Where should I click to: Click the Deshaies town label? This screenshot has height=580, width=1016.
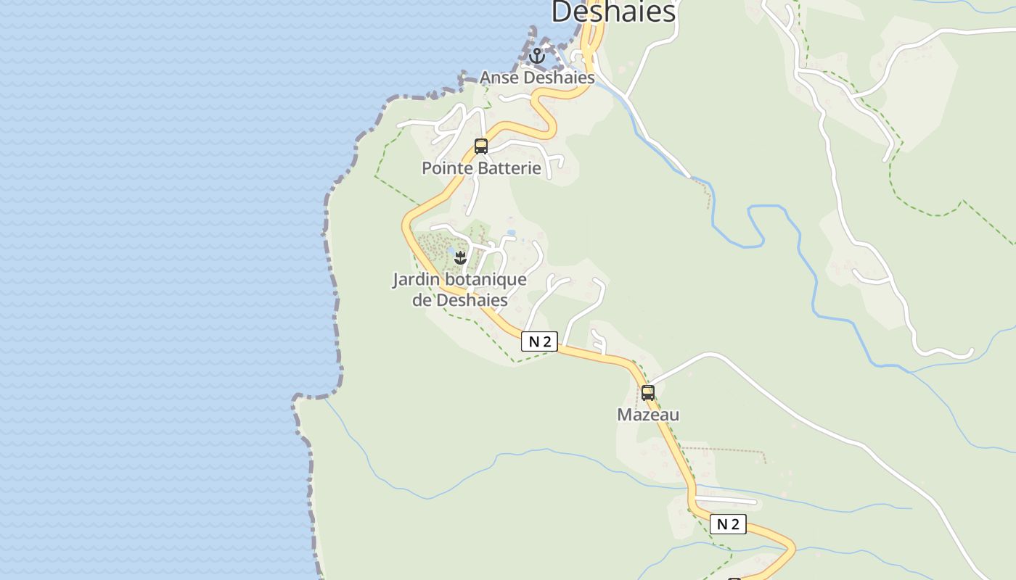pyautogui.click(x=613, y=12)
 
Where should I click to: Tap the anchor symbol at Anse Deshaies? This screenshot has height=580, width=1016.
pyautogui.click(x=537, y=56)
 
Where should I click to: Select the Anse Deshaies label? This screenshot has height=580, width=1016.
pyautogui.click(x=537, y=78)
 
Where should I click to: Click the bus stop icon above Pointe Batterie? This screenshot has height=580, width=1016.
pyautogui.click(x=481, y=146)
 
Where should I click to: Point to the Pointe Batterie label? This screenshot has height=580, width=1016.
pyautogui.click(x=481, y=168)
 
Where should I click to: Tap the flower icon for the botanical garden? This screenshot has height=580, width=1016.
pyautogui.click(x=460, y=257)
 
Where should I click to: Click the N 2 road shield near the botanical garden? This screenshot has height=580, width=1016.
pyautogui.click(x=539, y=341)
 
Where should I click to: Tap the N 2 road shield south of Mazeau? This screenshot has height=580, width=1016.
pyautogui.click(x=728, y=524)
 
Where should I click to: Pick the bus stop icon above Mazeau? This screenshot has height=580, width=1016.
pyautogui.click(x=648, y=393)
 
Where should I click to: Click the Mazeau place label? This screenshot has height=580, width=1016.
pyautogui.click(x=648, y=415)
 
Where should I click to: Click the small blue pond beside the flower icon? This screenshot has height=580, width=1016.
pyautogui.click(x=451, y=253)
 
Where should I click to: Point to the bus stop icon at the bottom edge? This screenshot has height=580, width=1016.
pyautogui.click(x=734, y=579)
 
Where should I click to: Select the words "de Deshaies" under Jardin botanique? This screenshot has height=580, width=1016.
pyautogui.click(x=459, y=299)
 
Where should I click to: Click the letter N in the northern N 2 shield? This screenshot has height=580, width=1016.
pyautogui.click(x=534, y=341)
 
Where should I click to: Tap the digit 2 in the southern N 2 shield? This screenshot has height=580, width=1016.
pyautogui.click(x=736, y=524)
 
